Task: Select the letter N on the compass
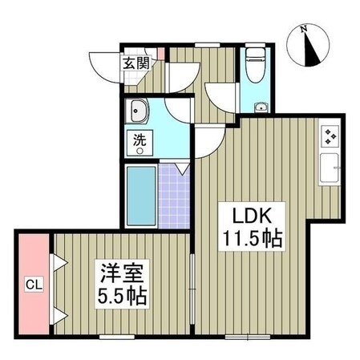coord(302,30)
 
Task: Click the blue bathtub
coord(141,196)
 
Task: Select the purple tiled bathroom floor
coord(175,196)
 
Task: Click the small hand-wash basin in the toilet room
coord(260,107)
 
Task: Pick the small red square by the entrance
coord(160,54)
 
